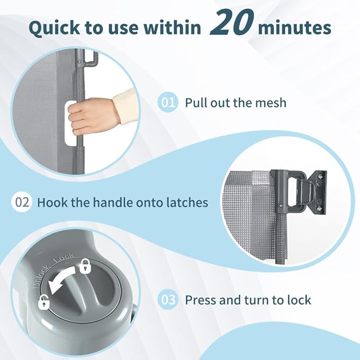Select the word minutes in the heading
click(295, 28)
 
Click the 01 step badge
click(168, 102)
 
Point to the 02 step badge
click(22, 203)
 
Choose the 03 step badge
click(168, 300)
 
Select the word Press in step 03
click(200, 300)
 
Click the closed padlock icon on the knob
click(84, 266)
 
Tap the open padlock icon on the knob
click(44, 302)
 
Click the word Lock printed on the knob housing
click(64, 258)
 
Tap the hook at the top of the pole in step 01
click(90, 59)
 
